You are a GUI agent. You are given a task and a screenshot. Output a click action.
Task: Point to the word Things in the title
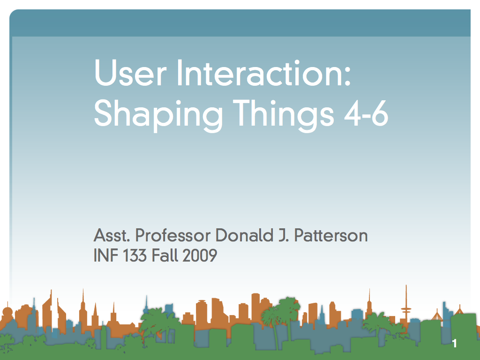point(283,115)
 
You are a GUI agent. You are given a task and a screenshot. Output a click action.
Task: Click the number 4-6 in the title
point(367,113)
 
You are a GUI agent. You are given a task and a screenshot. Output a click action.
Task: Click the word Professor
point(173,235)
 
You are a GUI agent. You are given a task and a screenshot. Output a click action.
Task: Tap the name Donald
point(244,235)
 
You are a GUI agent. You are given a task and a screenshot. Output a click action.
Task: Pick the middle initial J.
point(284,235)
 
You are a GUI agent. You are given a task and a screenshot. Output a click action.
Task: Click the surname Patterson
point(331,235)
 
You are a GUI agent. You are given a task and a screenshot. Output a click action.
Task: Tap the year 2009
point(200,255)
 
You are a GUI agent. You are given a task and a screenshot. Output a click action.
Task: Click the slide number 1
point(455,344)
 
